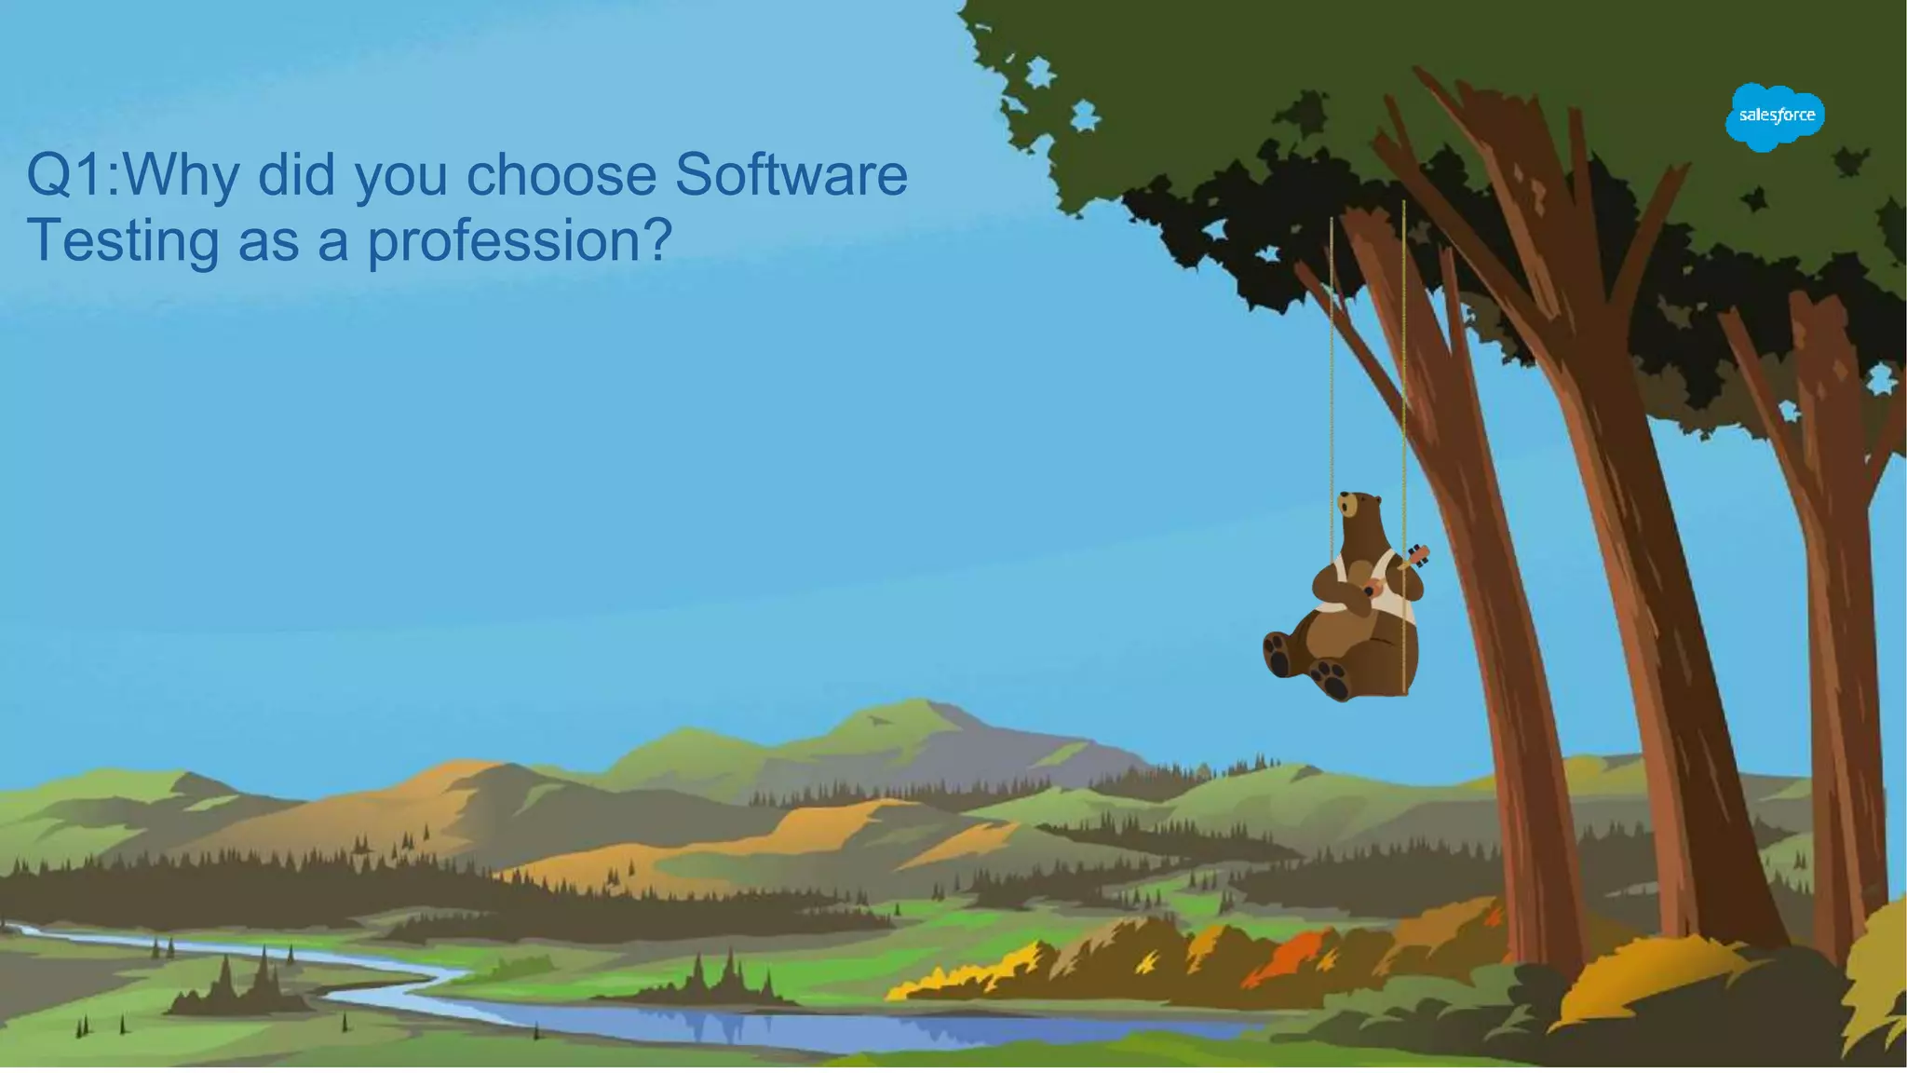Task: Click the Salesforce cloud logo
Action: click(1775, 116)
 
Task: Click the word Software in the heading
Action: click(791, 174)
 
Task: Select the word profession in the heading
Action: click(504, 240)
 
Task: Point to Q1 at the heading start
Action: click(65, 174)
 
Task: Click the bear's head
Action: click(1360, 510)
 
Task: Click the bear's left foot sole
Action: click(1278, 653)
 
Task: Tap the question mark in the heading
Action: click(657, 240)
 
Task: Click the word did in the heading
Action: click(296, 174)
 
